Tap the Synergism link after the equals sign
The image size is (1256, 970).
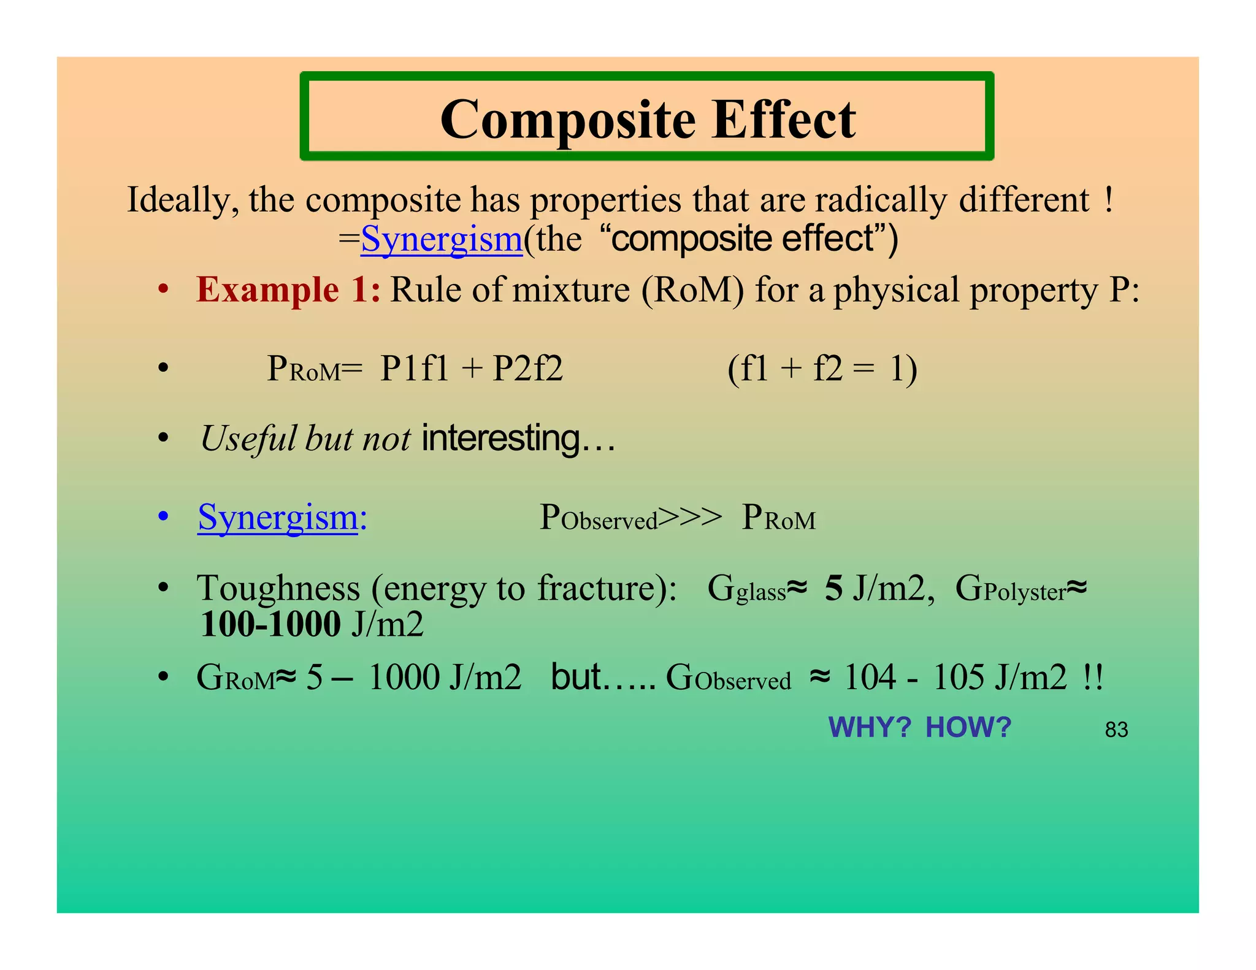(x=442, y=239)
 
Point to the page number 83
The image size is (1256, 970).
(x=1116, y=730)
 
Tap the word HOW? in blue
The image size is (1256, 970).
(x=968, y=728)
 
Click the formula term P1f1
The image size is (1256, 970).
(x=415, y=369)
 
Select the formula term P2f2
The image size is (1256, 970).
(x=528, y=369)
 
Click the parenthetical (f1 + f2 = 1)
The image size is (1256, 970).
(x=822, y=369)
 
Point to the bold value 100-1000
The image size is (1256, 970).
(x=270, y=625)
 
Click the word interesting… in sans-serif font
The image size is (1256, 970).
(x=518, y=439)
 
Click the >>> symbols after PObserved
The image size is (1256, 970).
(x=691, y=517)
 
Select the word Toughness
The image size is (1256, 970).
(x=278, y=589)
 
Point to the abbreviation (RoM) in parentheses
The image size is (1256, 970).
(x=692, y=289)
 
